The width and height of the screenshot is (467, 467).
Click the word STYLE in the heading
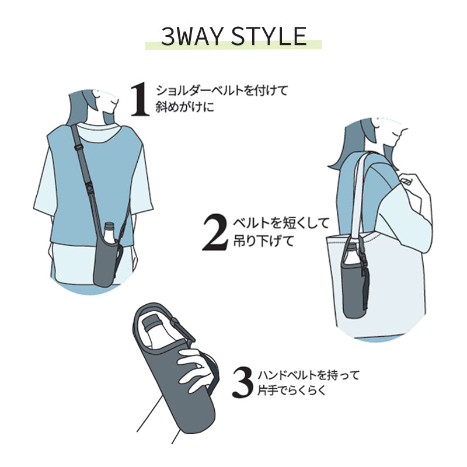click(x=269, y=36)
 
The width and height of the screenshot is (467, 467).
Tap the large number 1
click(x=140, y=99)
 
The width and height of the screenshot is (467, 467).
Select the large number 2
click(x=215, y=232)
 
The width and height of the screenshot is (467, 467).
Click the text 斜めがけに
click(x=184, y=107)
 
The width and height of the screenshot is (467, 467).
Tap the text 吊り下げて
click(x=264, y=241)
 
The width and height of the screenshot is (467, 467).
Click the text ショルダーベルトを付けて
click(x=222, y=90)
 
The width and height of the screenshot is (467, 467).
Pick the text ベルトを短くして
click(x=281, y=224)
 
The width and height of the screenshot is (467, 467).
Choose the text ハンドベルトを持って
click(x=309, y=375)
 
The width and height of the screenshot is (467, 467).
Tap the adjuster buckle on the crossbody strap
click(x=79, y=147)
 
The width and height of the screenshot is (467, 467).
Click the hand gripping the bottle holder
click(x=194, y=367)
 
